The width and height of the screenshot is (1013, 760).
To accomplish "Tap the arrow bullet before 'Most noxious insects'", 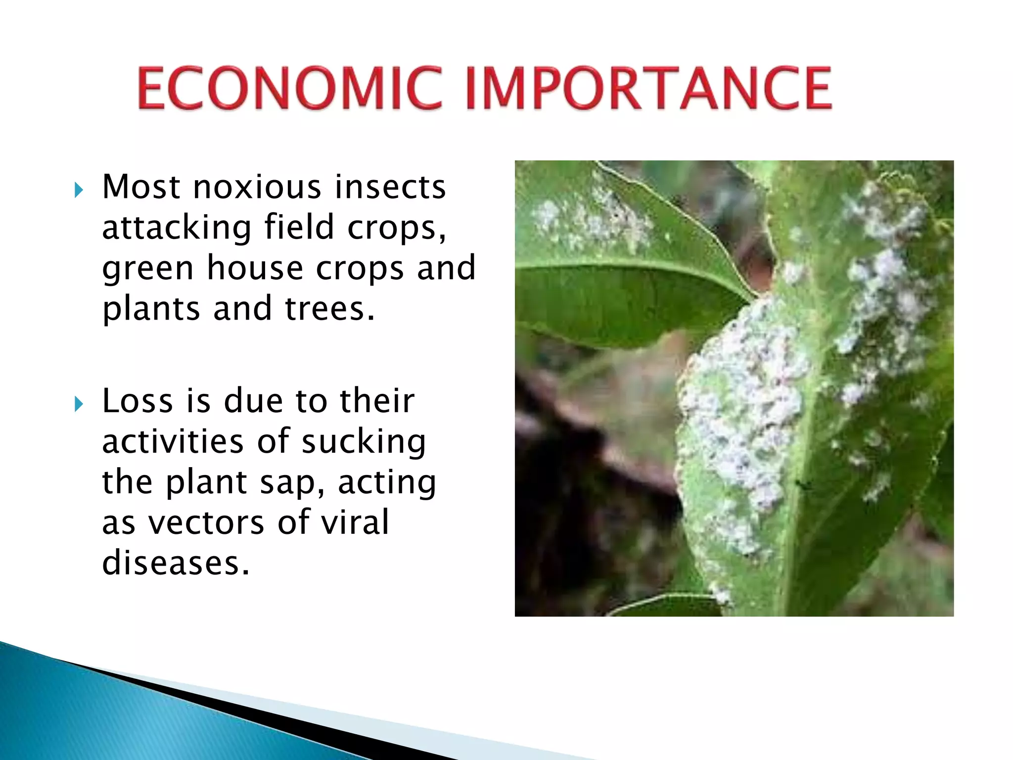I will (79, 190).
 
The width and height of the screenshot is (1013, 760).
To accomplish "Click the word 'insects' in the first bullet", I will (390, 188).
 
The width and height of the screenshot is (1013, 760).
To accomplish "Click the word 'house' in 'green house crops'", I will (255, 268).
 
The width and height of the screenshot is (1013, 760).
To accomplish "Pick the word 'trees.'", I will (330, 309).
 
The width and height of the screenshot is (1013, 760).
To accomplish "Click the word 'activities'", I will (173, 442).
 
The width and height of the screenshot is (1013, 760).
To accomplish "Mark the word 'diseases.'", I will (176, 564).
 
